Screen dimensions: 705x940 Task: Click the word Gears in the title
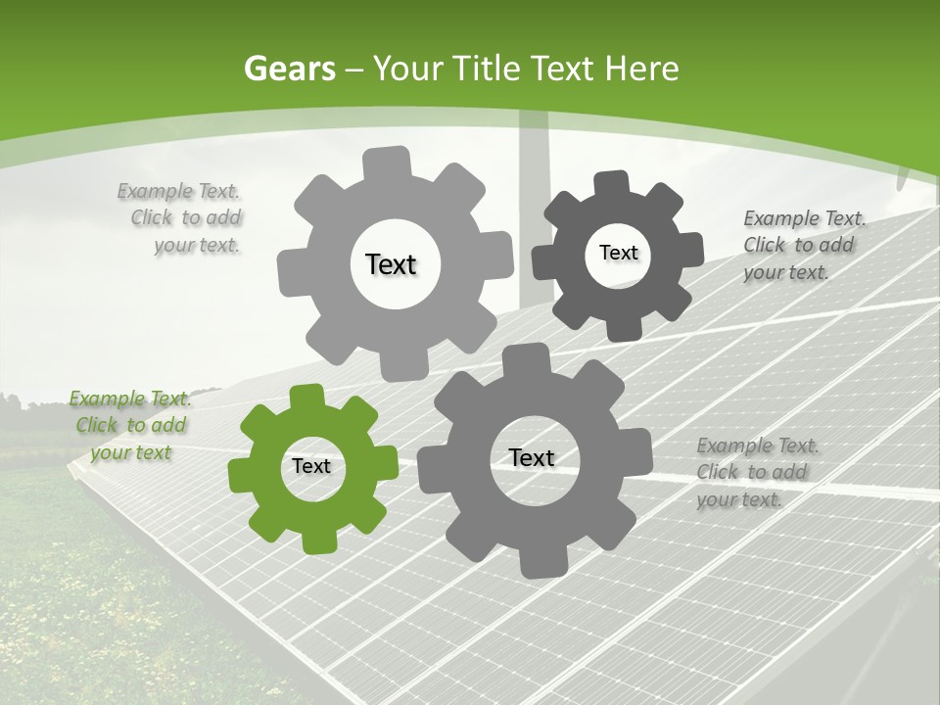289,70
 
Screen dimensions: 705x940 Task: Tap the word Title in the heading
486,70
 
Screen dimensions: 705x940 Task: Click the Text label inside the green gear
311,467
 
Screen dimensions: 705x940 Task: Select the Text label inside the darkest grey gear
618,253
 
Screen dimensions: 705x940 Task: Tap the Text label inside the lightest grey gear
391,264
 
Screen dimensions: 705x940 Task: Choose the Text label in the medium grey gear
531,457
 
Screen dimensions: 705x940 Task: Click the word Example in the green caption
108,399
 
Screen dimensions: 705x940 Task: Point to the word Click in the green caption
96,425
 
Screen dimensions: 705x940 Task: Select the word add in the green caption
170,425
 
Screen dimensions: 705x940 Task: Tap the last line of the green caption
130,452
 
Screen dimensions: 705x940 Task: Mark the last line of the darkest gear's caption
785,272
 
